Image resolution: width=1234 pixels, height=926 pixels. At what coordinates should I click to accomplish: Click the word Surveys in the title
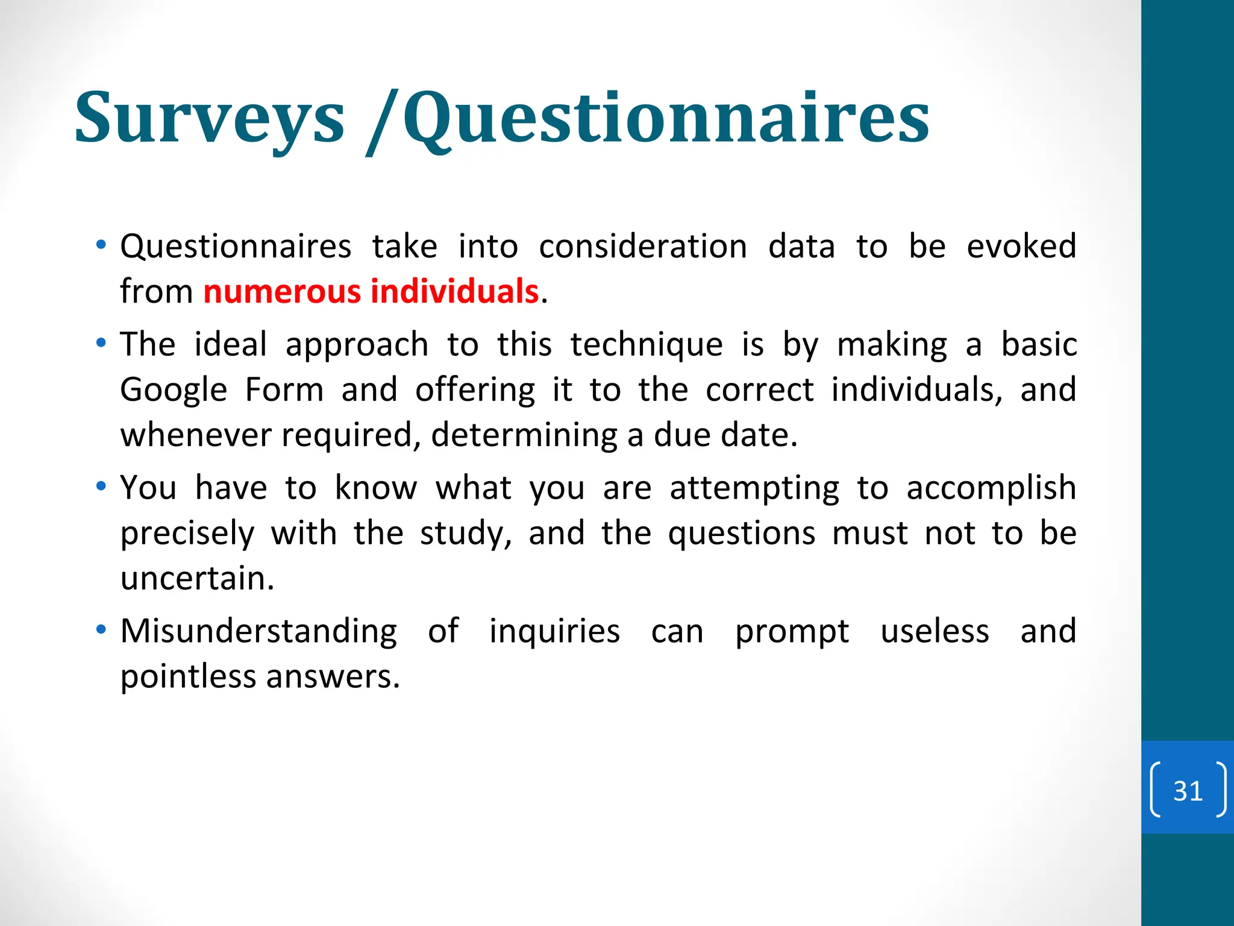pyautogui.click(x=210, y=118)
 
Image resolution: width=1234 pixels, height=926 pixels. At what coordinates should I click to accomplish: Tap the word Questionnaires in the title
pyautogui.click(x=666, y=118)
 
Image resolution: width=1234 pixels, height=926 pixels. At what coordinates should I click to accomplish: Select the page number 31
pyautogui.click(x=1188, y=790)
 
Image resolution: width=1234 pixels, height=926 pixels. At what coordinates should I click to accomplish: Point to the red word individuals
pyautogui.click(x=454, y=291)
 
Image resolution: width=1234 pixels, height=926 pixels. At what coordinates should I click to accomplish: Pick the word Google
pyautogui.click(x=174, y=390)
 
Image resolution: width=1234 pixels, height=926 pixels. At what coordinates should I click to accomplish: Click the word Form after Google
pyautogui.click(x=284, y=390)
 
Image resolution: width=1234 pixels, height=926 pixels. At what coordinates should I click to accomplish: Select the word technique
pyautogui.click(x=647, y=345)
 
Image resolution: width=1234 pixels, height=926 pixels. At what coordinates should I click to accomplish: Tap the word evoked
pyautogui.click(x=1021, y=247)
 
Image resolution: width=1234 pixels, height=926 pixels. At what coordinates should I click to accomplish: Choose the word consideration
pyautogui.click(x=643, y=247)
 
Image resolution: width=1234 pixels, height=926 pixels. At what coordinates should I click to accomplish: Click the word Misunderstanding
pyautogui.click(x=258, y=631)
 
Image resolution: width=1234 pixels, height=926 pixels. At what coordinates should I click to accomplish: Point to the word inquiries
pyautogui.click(x=554, y=631)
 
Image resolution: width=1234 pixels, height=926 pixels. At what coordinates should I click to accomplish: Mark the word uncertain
pyautogui.click(x=197, y=578)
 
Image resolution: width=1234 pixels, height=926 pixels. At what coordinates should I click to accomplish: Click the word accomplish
pyautogui.click(x=991, y=488)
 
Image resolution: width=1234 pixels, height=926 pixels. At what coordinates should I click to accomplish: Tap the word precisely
pyautogui.click(x=187, y=534)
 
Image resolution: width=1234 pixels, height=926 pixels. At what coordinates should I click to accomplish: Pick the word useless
pyautogui.click(x=935, y=631)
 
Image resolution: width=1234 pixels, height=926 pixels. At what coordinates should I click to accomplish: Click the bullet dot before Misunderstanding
pyautogui.click(x=101, y=629)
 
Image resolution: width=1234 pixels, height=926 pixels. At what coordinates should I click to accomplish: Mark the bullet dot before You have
pyautogui.click(x=101, y=486)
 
